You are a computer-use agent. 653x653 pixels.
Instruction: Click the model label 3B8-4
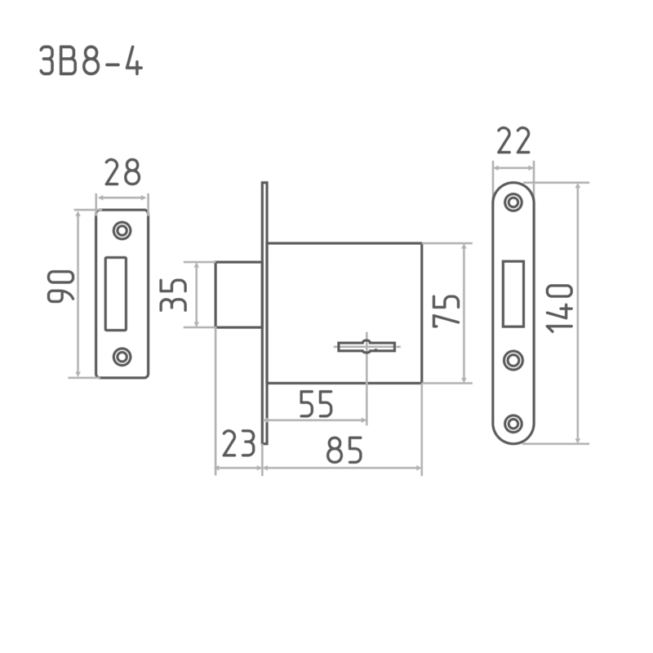(91, 62)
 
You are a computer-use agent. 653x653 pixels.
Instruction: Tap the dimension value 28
(122, 173)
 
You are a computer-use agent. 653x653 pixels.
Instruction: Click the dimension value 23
(238, 446)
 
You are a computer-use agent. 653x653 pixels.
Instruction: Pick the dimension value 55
(316, 404)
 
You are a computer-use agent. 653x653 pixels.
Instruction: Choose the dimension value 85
(344, 450)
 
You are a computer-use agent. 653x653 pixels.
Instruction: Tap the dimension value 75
(446, 310)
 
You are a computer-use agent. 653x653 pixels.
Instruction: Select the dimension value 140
(561, 307)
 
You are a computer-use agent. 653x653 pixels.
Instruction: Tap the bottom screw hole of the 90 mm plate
(123, 357)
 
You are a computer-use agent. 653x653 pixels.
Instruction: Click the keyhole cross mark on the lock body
(366, 347)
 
